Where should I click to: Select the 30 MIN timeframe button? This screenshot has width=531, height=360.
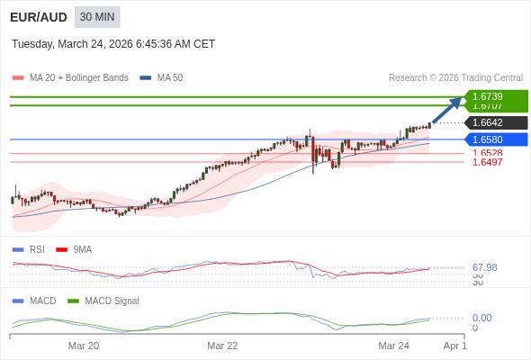97,17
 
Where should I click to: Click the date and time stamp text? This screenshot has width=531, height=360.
113,44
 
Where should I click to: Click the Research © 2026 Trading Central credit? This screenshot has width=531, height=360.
455,78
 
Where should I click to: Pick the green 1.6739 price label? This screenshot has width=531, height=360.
494,96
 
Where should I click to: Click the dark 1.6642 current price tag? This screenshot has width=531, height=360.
495,122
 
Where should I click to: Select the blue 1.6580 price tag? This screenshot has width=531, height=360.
495,139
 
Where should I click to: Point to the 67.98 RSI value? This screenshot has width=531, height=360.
484,267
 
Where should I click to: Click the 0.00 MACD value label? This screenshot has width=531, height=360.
481,318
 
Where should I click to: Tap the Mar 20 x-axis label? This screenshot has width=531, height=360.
84,346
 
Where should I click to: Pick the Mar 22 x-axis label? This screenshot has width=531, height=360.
222,346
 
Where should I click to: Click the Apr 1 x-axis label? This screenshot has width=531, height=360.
455,346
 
